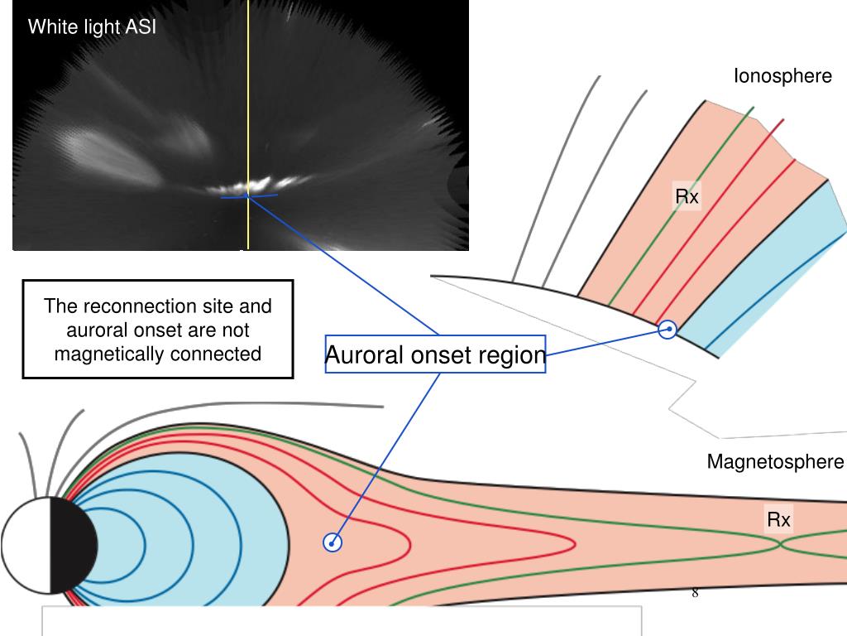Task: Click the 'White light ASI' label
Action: pyautogui.click(x=92, y=27)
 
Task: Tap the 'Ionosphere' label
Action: pyautogui.click(x=782, y=76)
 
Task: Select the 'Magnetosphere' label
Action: pyautogui.click(x=775, y=462)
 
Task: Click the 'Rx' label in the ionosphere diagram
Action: pyautogui.click(x=687, y=197)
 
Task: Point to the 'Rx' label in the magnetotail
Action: pyautogui.click(x=778, y=520)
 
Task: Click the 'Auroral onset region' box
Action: pyautogui.click(x=435, y=355)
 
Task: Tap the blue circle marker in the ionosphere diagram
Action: pyautogui.click(x=668, y=330)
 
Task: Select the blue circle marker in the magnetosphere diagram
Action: pyautogui.click(x=333, y=543)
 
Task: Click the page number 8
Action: pyautogui.click(x=695, y=593)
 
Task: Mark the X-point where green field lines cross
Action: pyautogui.click(x=781, y=545)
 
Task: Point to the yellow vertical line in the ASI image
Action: pyautogui.click(x=248, y=99)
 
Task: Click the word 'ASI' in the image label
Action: pyautogui.click(x=140, y=27)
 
